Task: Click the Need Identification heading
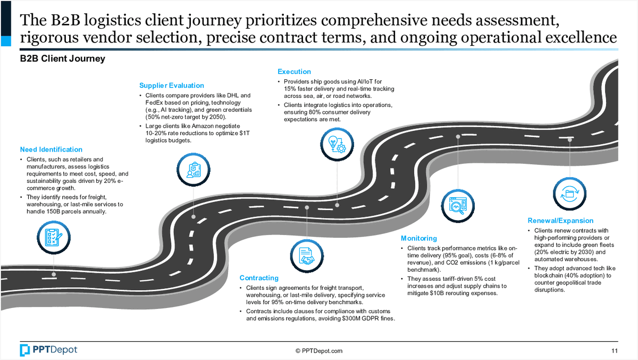(x=51, y=149)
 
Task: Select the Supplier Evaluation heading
(x=172, y=85)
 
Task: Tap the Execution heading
(x=294, y=72)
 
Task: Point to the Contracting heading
(x=259, y=278)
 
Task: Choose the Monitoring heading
(x=419, y=238)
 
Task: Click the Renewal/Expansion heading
(x=560, y=221)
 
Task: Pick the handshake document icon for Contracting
(x=307, y=255)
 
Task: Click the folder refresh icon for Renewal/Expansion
(x=570, y=191)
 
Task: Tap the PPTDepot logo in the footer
(x=48, y=350)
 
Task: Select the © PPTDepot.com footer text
(x=319, y=350)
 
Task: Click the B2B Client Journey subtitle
(x=62, y=58)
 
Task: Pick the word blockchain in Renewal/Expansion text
(x=550, y=275)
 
